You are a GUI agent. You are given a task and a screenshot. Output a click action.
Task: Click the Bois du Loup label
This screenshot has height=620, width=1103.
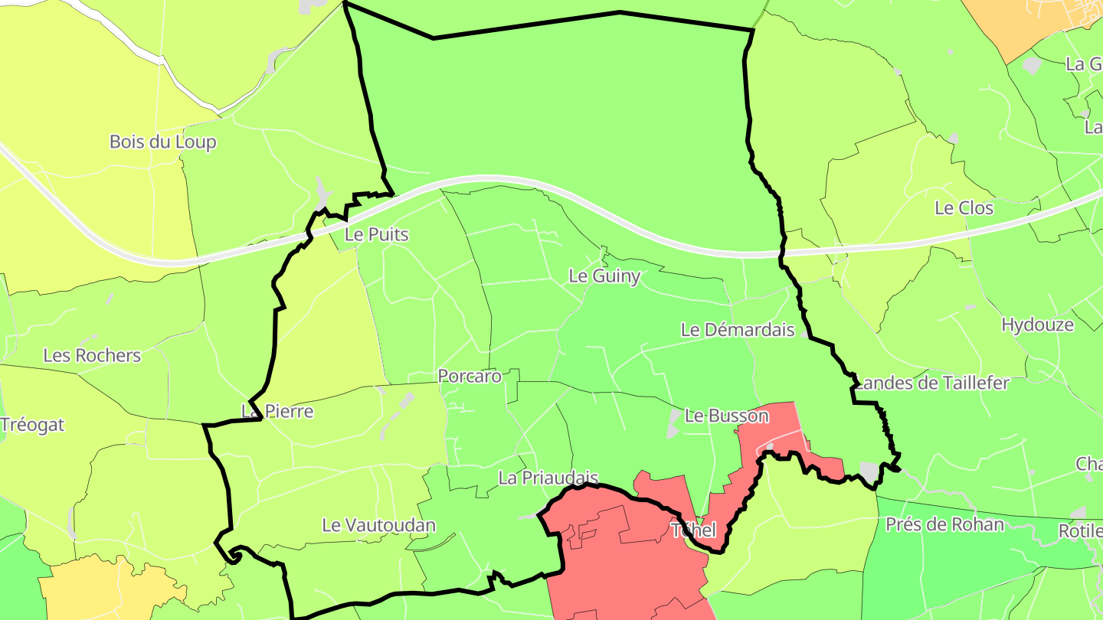point(162,142)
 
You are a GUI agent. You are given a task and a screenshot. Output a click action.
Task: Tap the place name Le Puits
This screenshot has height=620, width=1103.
point(377,234)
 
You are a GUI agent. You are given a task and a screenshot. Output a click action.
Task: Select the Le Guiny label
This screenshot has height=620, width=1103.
point(604,276)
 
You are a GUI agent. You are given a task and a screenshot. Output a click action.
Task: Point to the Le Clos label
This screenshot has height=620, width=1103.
point(964,207)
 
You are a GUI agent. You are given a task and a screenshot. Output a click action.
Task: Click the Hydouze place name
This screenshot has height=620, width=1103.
point(1037,325)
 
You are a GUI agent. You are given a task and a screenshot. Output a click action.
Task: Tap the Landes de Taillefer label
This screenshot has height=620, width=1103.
point(933,383)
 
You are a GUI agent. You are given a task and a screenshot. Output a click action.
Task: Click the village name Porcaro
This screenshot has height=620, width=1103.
point(470,376)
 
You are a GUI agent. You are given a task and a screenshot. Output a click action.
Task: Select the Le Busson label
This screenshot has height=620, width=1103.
point(726,416)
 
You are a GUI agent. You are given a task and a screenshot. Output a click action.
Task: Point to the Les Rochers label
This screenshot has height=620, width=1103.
point(92,355)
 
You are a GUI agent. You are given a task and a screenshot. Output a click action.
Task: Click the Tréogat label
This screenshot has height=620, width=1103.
point(32,425)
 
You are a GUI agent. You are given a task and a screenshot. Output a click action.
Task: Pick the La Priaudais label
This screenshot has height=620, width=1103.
point(547,478)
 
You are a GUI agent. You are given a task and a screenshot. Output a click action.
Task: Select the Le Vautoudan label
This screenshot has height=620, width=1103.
point(378,525)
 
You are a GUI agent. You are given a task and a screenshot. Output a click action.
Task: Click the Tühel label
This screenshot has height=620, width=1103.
point(693,530)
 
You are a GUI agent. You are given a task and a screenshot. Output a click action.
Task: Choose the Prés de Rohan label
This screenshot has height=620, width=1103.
point(944,524)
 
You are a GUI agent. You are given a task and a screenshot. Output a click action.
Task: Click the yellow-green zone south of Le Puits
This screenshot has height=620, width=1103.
point(329,329)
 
